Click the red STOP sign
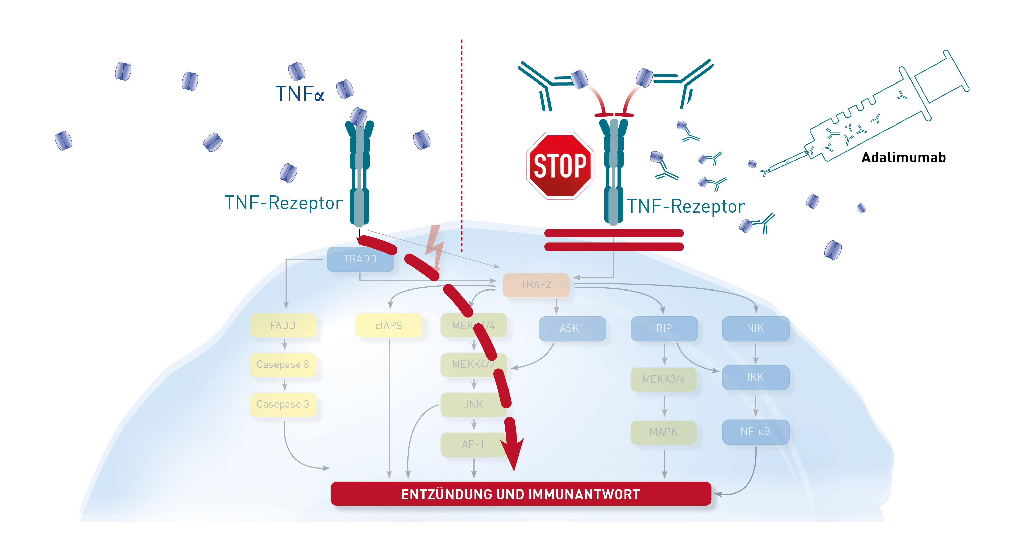coord(560,166)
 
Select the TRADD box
coord(360,259)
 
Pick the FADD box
coord(283,325)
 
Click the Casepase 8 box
coord(283,364)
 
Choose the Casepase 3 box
coord(283,404)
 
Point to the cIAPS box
coord(389,325)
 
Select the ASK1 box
coord(572,328)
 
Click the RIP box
coord(664,328)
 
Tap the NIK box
coord(755,328)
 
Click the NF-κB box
coord(755,431)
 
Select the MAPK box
coord(664,432)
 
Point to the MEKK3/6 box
coord(664,379)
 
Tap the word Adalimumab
coord(903,158)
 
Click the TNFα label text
coord(300,94)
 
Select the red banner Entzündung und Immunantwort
coord(521,494)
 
